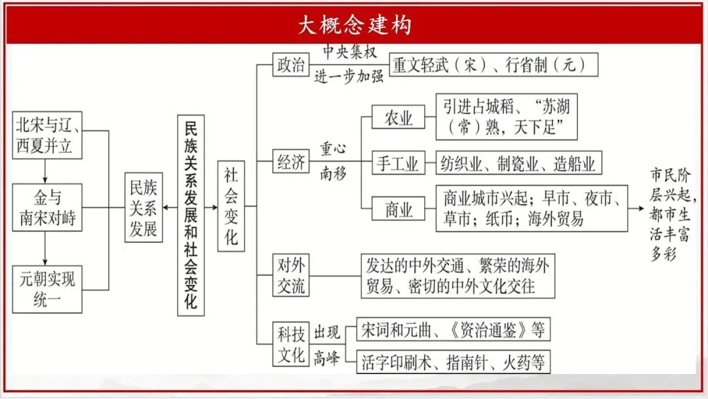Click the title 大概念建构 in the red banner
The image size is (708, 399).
pos(354,25)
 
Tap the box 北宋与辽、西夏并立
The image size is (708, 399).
pos(47,135)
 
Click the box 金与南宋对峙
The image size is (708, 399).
pos(47,207)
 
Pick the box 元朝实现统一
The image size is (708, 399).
pos(47,289)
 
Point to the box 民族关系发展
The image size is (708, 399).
pos(143,207)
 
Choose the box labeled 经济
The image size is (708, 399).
pos(290,161)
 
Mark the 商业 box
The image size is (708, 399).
pos(398,209)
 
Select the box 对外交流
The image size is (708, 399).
pos(290,276)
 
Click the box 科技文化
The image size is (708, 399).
pos(290,345)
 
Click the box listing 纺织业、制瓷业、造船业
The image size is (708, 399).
pos(519,163)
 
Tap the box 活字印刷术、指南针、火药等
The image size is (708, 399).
pos(452,362)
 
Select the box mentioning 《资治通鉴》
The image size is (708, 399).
pos(452,329)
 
